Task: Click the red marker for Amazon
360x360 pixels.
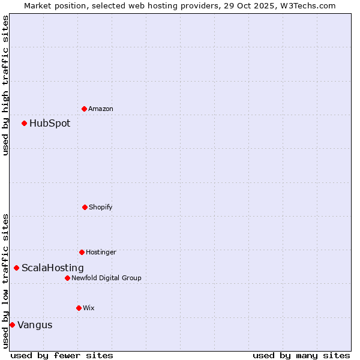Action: pos(85,109)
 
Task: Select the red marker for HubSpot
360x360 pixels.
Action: pos(25,123)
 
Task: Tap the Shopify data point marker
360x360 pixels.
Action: pos(85,207)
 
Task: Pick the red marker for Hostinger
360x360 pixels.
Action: pos(82,252)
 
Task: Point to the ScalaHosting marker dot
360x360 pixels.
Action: pos(17,268)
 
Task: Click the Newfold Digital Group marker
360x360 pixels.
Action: pos(67,278)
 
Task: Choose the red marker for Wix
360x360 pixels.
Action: pos(79,308)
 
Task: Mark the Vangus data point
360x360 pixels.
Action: pos(12,325)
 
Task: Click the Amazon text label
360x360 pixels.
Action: pos(101,109)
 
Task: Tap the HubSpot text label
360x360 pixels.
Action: pos(50,123)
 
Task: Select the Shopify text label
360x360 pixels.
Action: pos(101,207)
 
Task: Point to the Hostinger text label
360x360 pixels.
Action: pos(101,252)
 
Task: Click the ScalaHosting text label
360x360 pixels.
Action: pos(53,268)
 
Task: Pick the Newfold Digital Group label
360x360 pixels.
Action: pos(106,278)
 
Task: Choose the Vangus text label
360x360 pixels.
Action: pos(35,325)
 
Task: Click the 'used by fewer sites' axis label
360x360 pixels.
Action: pos(62,355)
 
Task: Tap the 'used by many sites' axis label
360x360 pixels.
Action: pos(301,355)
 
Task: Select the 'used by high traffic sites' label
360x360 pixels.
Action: pos(5,85)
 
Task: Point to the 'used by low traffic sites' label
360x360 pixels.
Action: pos(5,281)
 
